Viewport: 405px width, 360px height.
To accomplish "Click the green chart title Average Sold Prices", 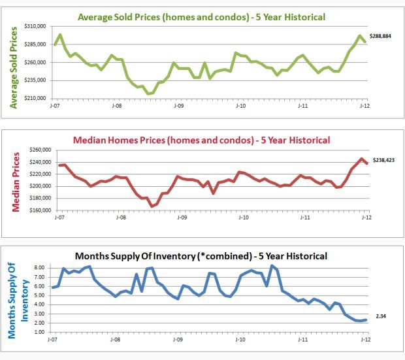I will pyautogui.click(x=201, y=16).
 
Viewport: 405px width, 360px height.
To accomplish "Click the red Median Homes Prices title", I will pyautogui.click(x=201, y=140).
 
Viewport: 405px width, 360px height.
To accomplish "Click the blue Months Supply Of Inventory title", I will pyautogui.click(x=201, y=255).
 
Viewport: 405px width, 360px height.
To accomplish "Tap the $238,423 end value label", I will pyautogui.click(x=383, y=159).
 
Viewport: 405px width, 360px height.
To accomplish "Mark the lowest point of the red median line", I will pyautogui.click(x=152, y=206).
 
